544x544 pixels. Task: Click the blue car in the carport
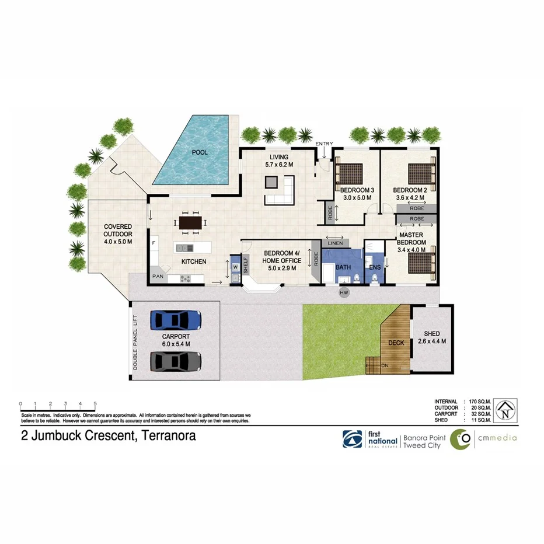tap(176, 319)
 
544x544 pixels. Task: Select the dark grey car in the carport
tap(176, 361)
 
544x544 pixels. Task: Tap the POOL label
tap(200, 152)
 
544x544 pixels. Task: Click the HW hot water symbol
tap(343, 291)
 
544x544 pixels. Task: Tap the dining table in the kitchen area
tap(190, 222)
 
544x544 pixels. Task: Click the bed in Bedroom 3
tap(351, 173)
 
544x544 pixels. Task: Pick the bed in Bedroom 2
tap(420, 173)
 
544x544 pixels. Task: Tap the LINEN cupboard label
tap(335, 243)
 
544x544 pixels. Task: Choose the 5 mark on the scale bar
tap(95, 403)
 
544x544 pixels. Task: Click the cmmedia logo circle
tap(463, 439)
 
